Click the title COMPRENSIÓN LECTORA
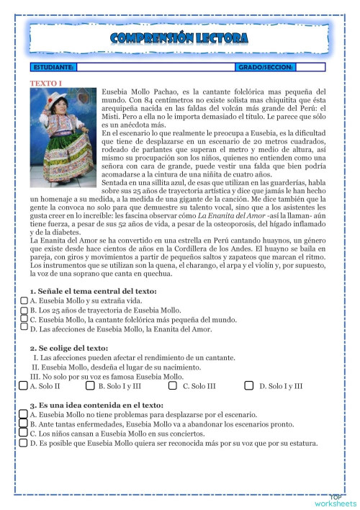pyautogui.click(x=179, y=37)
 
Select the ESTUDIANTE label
pyautogui.click(x=53, y=67)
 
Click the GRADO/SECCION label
pyautogui.click(x=264, y=67)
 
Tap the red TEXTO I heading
pyautogui.click(x=45, y=84)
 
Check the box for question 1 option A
pyautogui.click(x=24, y=300)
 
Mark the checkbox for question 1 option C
pyautogui.click(x=24, y=318)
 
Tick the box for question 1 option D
pyautogui.click(x=24, y=327)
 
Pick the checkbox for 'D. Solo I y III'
pyautogui.click(x=248, y=385)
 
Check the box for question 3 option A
pyautogui.click(x=24, y=415)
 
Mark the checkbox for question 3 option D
pyautogui.click(x=24, y=442)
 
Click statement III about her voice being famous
pyautogui.click(x=96, y=376)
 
